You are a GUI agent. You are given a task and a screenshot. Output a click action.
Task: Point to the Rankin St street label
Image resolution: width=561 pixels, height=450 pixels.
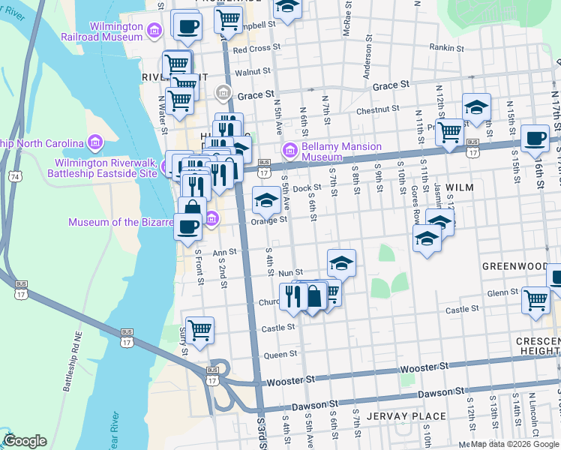point(448,47)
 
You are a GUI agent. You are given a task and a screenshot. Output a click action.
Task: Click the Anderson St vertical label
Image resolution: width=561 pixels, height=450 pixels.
point(368,61)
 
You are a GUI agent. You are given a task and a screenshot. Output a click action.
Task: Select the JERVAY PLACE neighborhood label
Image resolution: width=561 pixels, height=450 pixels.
point(412,415)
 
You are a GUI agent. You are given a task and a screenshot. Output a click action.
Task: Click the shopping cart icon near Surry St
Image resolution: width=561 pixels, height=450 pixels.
point(199,329)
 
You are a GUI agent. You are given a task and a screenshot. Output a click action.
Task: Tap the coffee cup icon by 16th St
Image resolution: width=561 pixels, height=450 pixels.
point(535,138)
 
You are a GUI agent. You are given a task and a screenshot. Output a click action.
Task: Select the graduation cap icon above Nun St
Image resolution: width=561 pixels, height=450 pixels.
point(341,262)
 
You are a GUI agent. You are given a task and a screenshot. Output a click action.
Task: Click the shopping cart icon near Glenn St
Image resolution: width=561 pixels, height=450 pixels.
point(535,299)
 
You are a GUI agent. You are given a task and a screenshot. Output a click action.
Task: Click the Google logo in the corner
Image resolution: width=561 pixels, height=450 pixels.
point(25,441)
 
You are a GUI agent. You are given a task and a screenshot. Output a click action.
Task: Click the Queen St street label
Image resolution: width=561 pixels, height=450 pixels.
point(281,354)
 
